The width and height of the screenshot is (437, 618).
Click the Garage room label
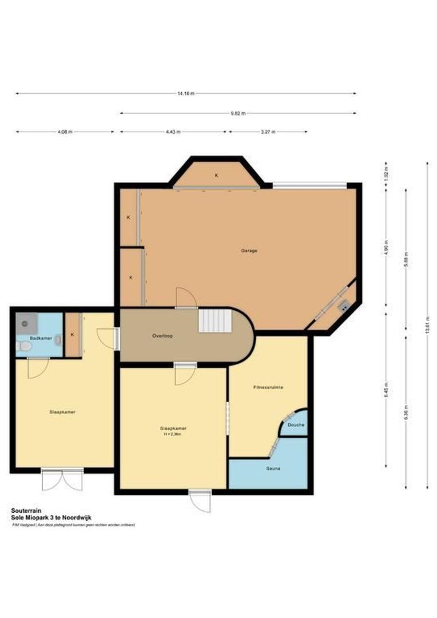click(x=249, y=251)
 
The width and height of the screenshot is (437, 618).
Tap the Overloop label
click(x=162, y=336)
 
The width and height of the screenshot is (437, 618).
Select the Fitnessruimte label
click(x=268, y=387)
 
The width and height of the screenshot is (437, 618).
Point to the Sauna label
click(x=272, y=469)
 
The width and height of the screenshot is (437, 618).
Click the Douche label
click(x=296, y=425)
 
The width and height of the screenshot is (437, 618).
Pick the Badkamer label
click(x=42, y=338)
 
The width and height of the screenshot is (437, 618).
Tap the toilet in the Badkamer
click(x=23, y=346)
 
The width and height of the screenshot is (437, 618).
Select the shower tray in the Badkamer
click(x=25, y=323)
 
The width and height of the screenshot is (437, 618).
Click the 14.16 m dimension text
click(x=186, y=93)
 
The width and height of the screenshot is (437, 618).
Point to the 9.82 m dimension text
click(x=238, y=113)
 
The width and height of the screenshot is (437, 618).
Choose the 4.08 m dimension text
click(x=65, y=132)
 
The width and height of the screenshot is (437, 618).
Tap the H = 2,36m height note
click(x=173, y=435)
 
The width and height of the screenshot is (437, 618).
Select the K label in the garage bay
click(x=216, y=175)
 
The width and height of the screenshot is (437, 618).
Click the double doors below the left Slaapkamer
click(x=62, y=480)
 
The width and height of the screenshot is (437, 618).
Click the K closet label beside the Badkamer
click(x=72, y=335)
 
